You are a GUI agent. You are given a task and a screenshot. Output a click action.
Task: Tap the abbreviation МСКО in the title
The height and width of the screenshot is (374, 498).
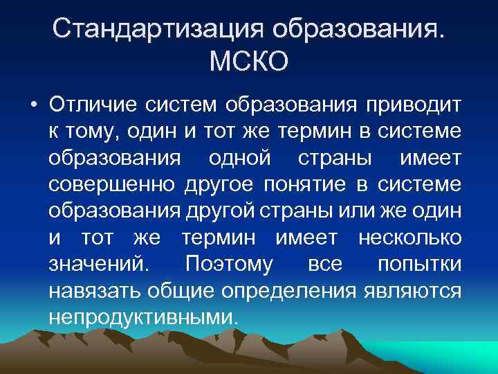coord(248,64)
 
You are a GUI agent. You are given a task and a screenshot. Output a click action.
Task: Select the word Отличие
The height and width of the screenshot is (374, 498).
coord(93,105)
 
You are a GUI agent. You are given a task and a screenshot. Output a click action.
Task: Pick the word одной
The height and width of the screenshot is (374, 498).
coord(243,158)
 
